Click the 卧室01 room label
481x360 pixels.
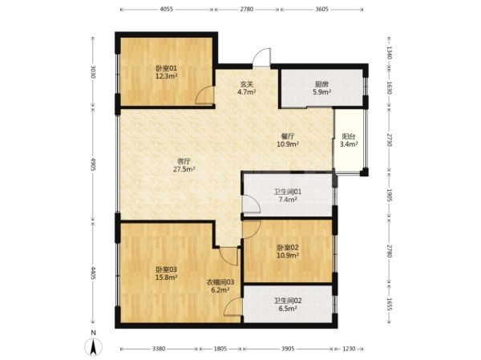(x=166, y=68)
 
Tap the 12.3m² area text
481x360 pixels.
(x=166, y=76)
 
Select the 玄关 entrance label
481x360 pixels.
(x=247, y=83)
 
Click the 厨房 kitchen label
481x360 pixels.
(x=321, y=83)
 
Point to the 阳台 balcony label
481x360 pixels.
(x=349, y=136)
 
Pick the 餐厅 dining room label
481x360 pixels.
(x=288, y=136)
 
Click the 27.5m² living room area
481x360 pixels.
(x=184, y=169)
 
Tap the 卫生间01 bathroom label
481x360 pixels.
(x=288, y=192)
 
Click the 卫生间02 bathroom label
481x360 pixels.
(x=288, y=301)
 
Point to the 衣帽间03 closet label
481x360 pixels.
(x=220, y=282)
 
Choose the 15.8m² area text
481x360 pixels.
(x=166, y=277)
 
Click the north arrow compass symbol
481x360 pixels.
(x=94, y=347)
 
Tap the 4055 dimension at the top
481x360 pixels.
(x=166, y=9)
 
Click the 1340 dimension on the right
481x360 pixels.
(x=389, y=52)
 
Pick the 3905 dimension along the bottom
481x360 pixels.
(x=288, y=349)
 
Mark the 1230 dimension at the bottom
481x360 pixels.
(x=349, y=349)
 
